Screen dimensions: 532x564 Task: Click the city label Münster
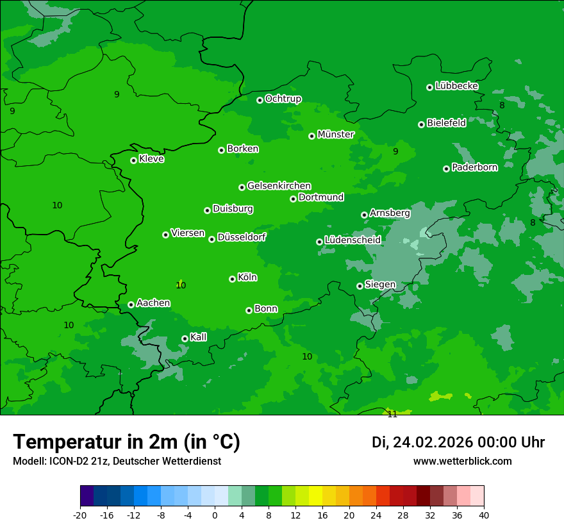tap(336, 135)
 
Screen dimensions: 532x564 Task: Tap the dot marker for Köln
tap(232, 279)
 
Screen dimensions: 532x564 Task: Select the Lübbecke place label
tap(456, 86)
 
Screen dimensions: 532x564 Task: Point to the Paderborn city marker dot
tap(446, 169)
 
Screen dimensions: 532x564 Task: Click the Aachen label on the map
tap(153, 303)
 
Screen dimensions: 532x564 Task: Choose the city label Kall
tap(199, 337)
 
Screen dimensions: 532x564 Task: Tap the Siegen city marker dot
tap(360, 286)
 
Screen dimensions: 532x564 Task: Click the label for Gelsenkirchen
tap(279, 186)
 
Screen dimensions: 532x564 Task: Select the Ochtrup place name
tap(283, 99)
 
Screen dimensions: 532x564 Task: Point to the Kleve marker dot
tap(133, 160)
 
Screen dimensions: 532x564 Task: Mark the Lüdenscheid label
tap(352, 240)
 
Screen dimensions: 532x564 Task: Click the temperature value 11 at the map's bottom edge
tap(392, 414)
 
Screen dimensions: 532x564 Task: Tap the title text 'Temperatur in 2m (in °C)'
tap(126, 442)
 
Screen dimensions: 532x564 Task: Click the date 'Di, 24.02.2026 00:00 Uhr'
tap(458, 442)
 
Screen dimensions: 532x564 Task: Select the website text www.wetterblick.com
tap(462, 461)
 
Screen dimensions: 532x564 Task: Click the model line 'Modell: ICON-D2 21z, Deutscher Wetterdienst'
tap(117, 461)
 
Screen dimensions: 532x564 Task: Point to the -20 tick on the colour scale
tap(80, 515)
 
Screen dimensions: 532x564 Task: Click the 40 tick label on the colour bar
tap(483, 515)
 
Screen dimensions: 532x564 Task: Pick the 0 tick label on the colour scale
tap(215, 515)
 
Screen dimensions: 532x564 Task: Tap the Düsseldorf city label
tap(242, 237)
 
